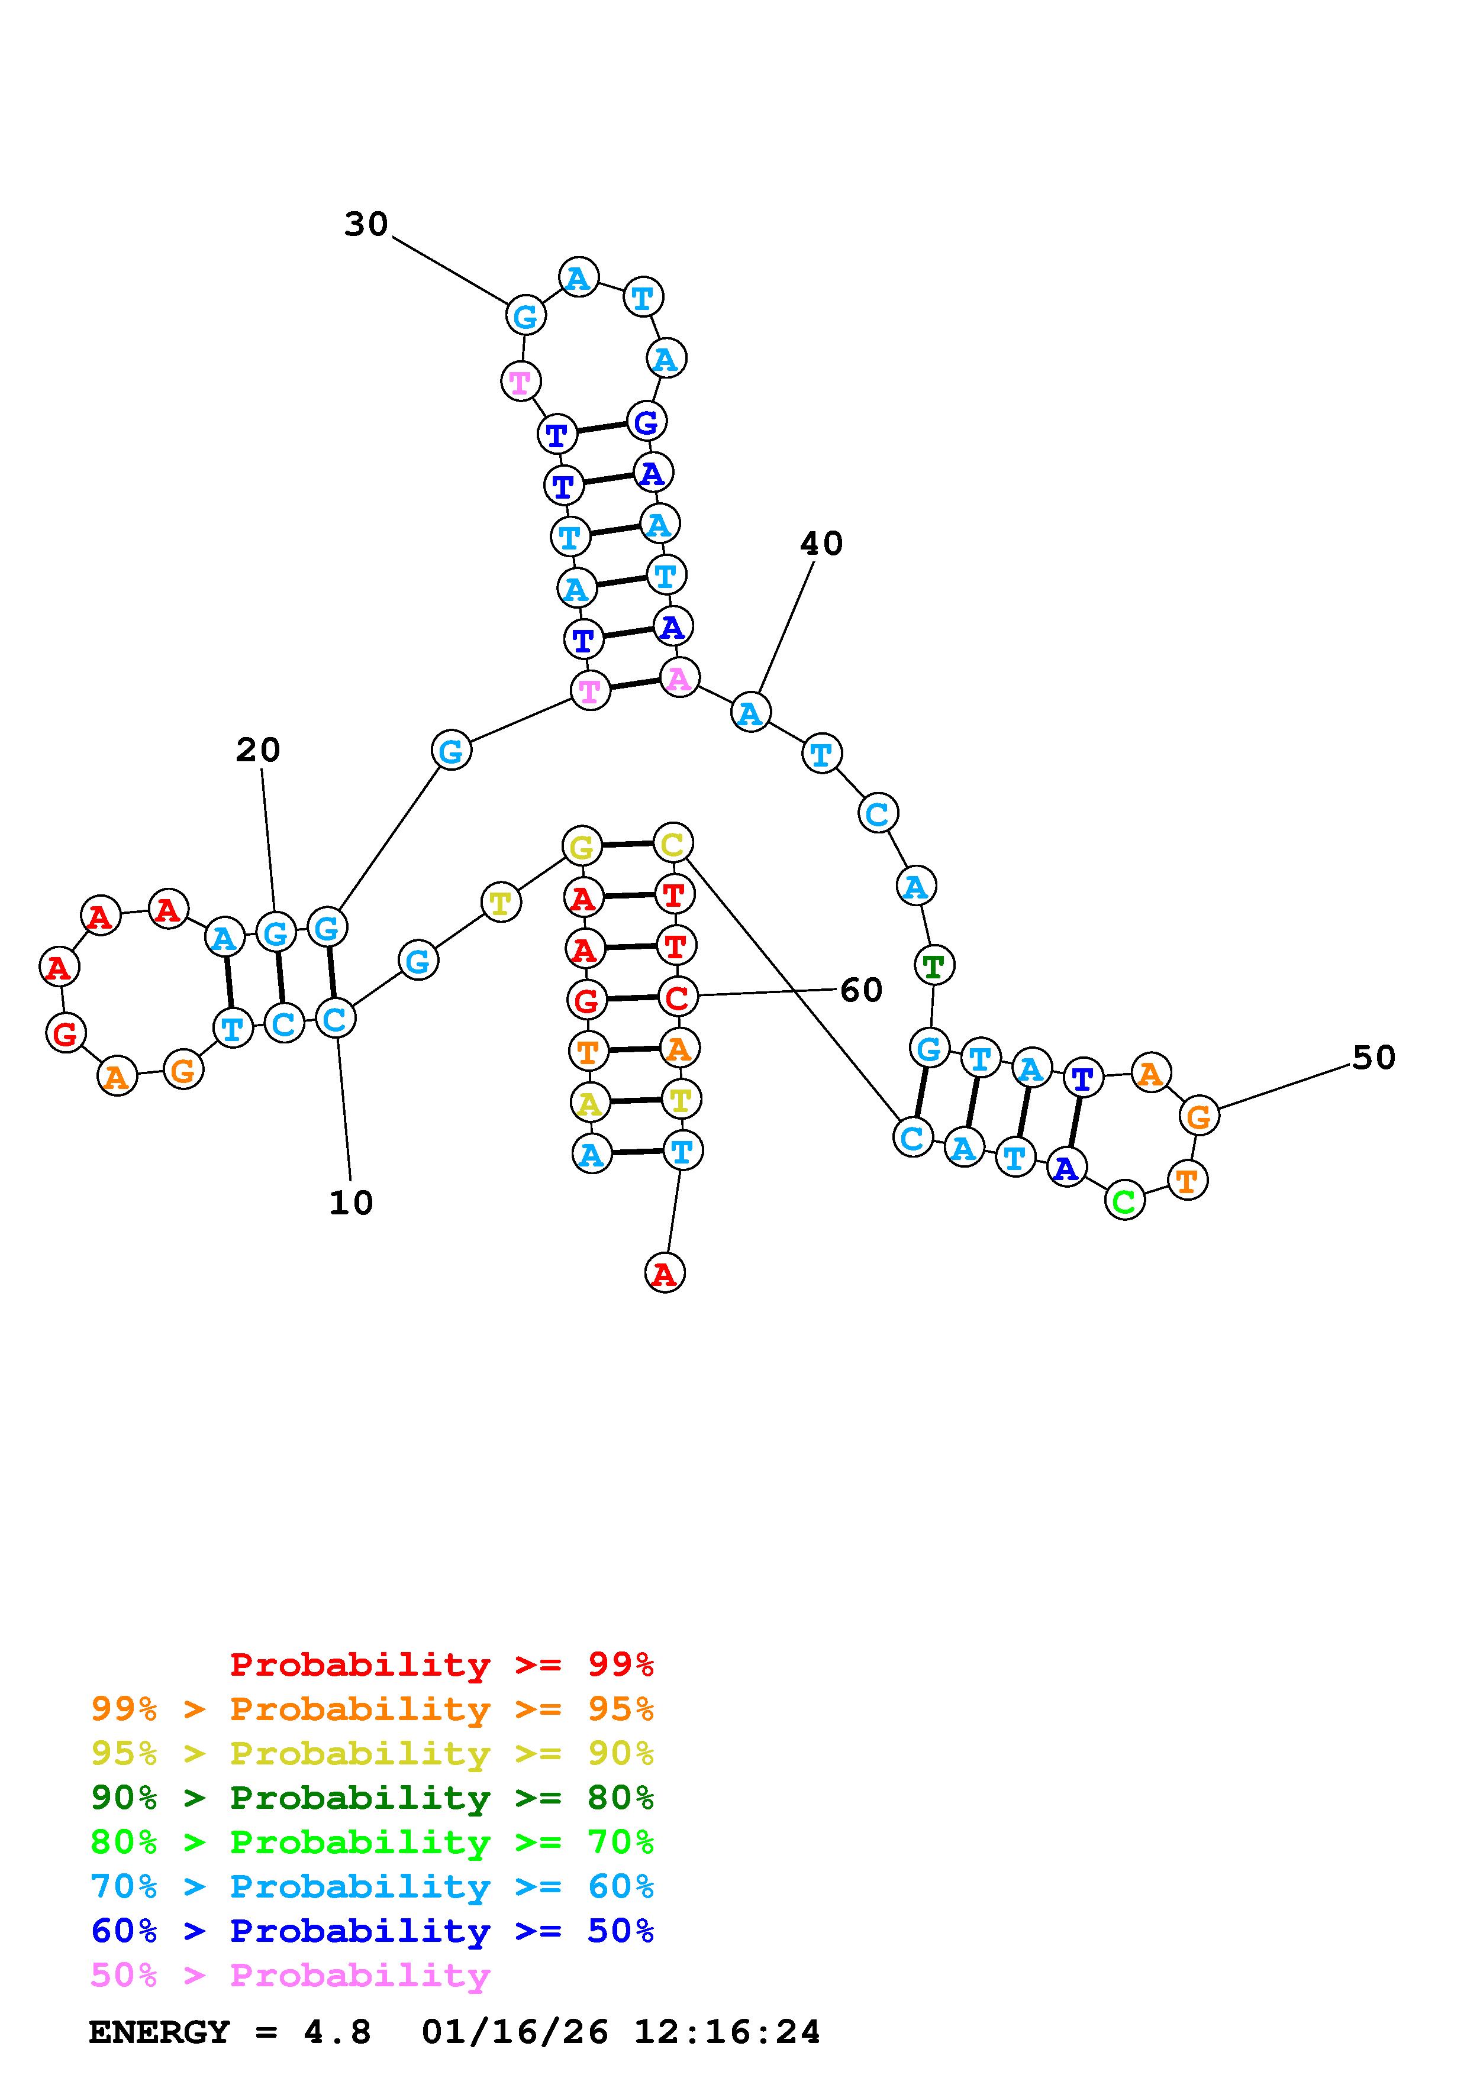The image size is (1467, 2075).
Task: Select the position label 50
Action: point(1373,1058)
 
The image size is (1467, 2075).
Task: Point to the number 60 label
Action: point(860,991)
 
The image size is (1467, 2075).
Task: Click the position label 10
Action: point(351,1203)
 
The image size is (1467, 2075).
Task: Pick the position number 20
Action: point(257,750)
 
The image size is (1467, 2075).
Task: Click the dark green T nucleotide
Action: point(934,965)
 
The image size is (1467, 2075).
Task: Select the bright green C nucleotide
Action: point(1124,1201)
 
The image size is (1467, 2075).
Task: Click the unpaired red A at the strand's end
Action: point(665,1274)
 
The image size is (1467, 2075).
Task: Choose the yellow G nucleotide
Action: point(582,847)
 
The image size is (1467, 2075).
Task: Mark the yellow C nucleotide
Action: point(672,844)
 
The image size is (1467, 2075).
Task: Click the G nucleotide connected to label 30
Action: point(525,316)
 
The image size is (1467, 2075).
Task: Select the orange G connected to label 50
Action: point(1198,1116)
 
